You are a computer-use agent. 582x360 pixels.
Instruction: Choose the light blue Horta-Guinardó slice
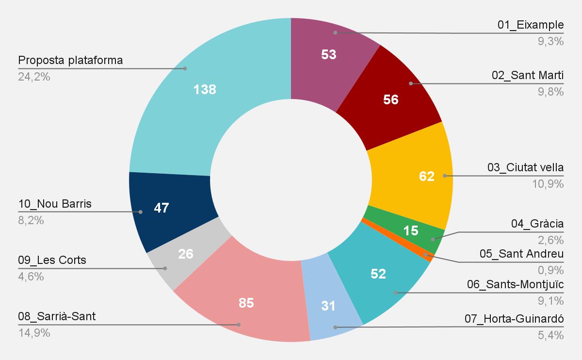(330, 311)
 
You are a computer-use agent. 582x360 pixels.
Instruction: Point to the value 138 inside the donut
(205, 89)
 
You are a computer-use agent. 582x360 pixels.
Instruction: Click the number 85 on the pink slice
(246, 304)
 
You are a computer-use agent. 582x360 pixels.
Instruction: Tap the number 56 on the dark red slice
(390, 100)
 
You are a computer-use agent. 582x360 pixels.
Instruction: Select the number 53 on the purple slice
(329, 54)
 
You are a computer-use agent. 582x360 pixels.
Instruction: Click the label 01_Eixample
(531, 25)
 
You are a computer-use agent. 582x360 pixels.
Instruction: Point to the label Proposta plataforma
(70, 61)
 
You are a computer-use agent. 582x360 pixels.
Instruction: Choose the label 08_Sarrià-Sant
(57, 317)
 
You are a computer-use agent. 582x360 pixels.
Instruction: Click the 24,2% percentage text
(34, 77)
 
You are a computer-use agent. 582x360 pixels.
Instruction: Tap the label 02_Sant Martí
(528, 75)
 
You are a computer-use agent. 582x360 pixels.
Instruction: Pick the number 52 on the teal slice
(378, 274)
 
